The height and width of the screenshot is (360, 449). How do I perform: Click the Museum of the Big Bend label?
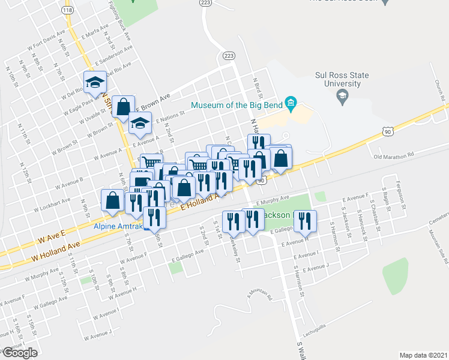[x=237, y=106]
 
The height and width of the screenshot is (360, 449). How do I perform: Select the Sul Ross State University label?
[x=342, y=79]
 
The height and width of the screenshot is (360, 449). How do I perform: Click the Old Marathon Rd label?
[x=394, y=157]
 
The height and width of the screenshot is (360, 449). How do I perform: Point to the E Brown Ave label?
[x=154, y=101]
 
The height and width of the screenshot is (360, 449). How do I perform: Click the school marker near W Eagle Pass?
[x=94, y=83]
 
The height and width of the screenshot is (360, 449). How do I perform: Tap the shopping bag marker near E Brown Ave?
[x=123, y=107]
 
